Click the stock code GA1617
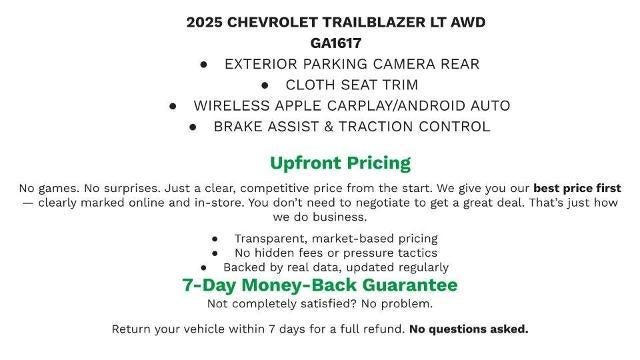click(320, 43)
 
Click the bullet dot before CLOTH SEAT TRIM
click(266, 85)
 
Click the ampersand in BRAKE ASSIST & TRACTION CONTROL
click(354, 127)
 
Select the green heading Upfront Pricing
click(340, 163)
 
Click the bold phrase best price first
click(577, 188)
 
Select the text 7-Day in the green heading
click(210, 285)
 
